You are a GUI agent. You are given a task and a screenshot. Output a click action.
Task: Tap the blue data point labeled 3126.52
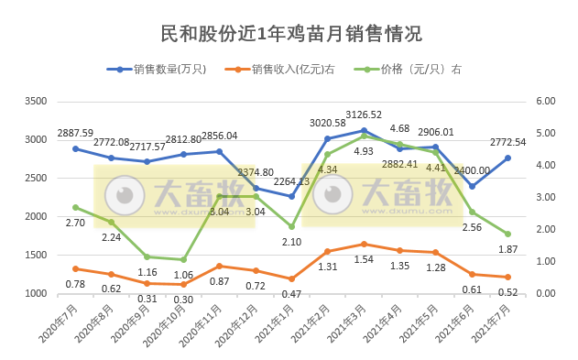coord(364,130)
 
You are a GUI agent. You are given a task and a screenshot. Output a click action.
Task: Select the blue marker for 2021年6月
coord(472,186)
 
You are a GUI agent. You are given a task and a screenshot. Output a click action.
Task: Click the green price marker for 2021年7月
coord(507,234)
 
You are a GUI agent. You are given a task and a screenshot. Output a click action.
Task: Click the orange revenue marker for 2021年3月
coord(364,244)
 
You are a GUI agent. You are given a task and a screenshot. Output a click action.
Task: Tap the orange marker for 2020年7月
coord(76,268)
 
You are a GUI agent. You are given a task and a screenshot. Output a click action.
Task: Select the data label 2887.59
coord(76,134)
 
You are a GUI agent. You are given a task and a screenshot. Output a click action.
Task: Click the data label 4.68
coord(399,129)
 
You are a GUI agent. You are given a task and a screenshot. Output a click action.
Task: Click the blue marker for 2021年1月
coord(291,196)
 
